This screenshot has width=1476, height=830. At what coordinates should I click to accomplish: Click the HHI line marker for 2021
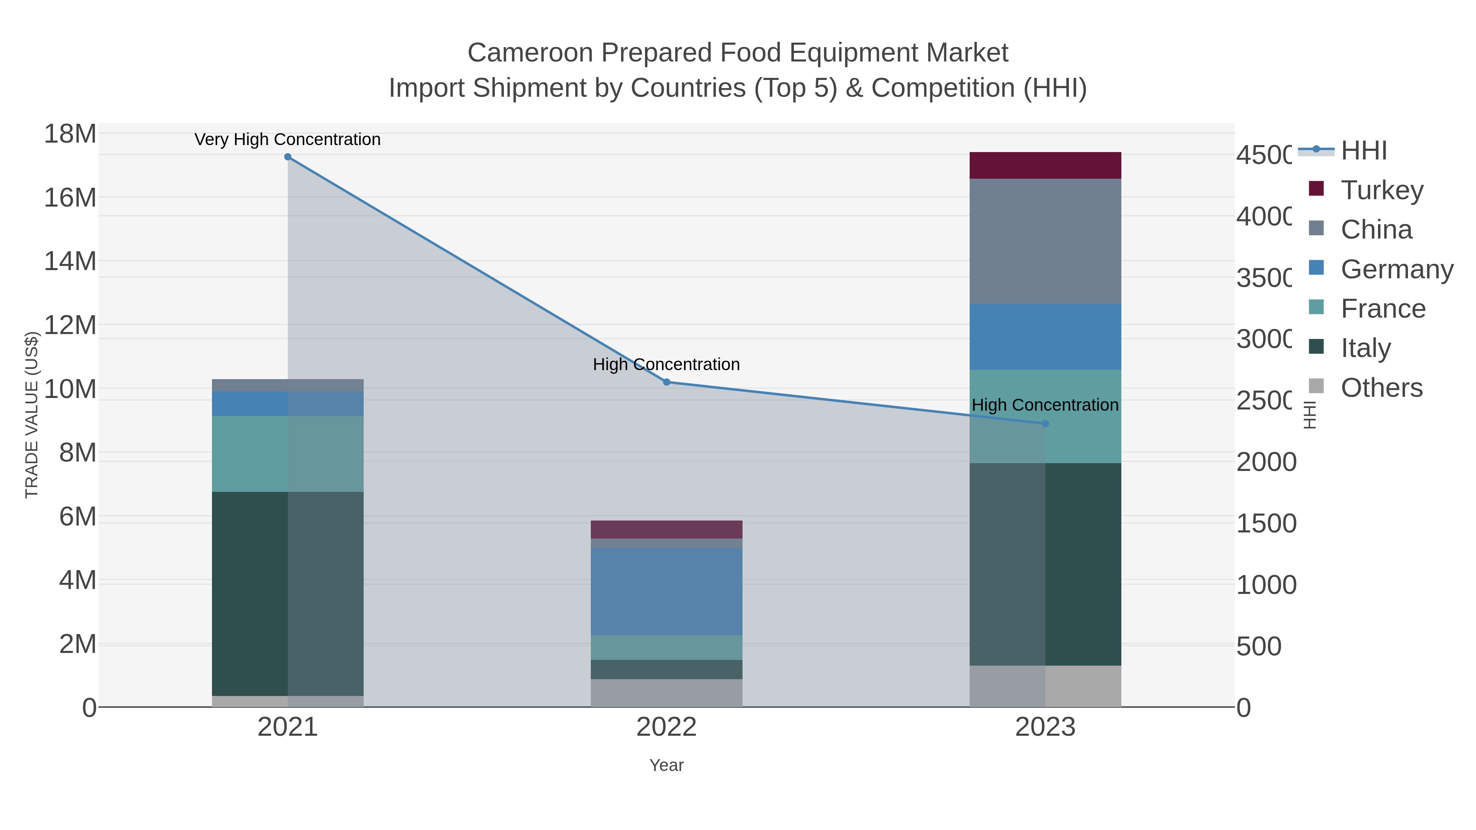click(x=288, y=157)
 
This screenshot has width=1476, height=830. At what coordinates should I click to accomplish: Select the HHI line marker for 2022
click(x=666, y=382)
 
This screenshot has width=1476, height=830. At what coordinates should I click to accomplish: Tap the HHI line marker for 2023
click(x=1045, y=424)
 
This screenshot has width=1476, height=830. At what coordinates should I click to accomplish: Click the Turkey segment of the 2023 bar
click(x=1045, y=166)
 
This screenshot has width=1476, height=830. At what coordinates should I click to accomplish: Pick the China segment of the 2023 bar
click(x=1045, y=241)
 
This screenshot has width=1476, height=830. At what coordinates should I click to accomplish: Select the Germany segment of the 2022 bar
click(x=666, y=591)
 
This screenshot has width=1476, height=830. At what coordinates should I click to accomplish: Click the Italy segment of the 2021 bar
click(x=288, y=594)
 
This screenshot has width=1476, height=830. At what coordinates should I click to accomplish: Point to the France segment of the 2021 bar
click(x=288, y=454)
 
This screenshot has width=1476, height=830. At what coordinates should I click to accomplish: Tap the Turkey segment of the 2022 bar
click(x=666, y=529)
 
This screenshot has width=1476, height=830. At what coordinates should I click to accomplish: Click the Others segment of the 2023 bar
click(x=1045, y=686)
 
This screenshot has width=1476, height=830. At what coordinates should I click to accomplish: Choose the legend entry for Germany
click(x=1396, y=269)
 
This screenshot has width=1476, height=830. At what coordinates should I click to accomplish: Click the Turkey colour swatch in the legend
click(x=1317, y=189)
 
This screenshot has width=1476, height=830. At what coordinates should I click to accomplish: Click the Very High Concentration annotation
click(x=288, y=139)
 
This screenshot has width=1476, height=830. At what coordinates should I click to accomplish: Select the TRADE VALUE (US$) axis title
click(x=32, y=415)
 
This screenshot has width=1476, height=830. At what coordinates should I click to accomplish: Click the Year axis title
click(x=666, y=765)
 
